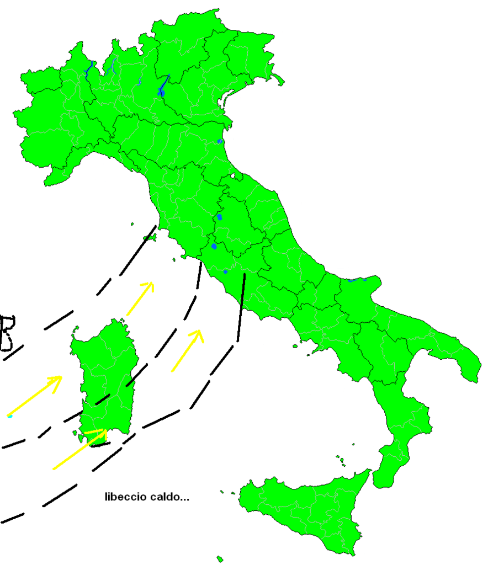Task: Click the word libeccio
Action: tap(125, 497)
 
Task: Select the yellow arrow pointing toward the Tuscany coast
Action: tap(140, 299)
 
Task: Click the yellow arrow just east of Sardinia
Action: tap(187, 350)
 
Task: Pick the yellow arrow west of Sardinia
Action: tap(35, 396)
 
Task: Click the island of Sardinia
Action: tap(105, 375)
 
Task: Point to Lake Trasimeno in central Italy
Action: tap(219, 217)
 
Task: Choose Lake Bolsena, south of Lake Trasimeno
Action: tap(214, 246)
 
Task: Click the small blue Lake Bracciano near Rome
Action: tap(225, 271)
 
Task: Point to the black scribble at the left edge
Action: tap(7, 333)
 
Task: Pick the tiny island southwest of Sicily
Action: tap(220, 559)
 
